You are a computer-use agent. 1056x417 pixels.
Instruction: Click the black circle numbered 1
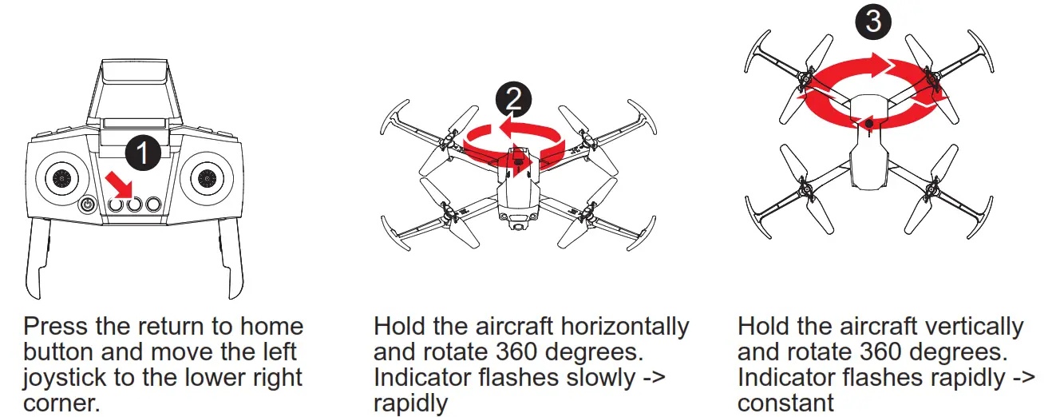tap(143, 153)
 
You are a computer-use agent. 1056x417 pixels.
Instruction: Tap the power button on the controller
tap(88, 206)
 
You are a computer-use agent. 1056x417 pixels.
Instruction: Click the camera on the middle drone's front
tap(520, 227)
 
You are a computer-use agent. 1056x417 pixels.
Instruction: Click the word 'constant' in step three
tap(785, 403)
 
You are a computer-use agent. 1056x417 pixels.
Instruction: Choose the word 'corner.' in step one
tap(61, 403)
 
